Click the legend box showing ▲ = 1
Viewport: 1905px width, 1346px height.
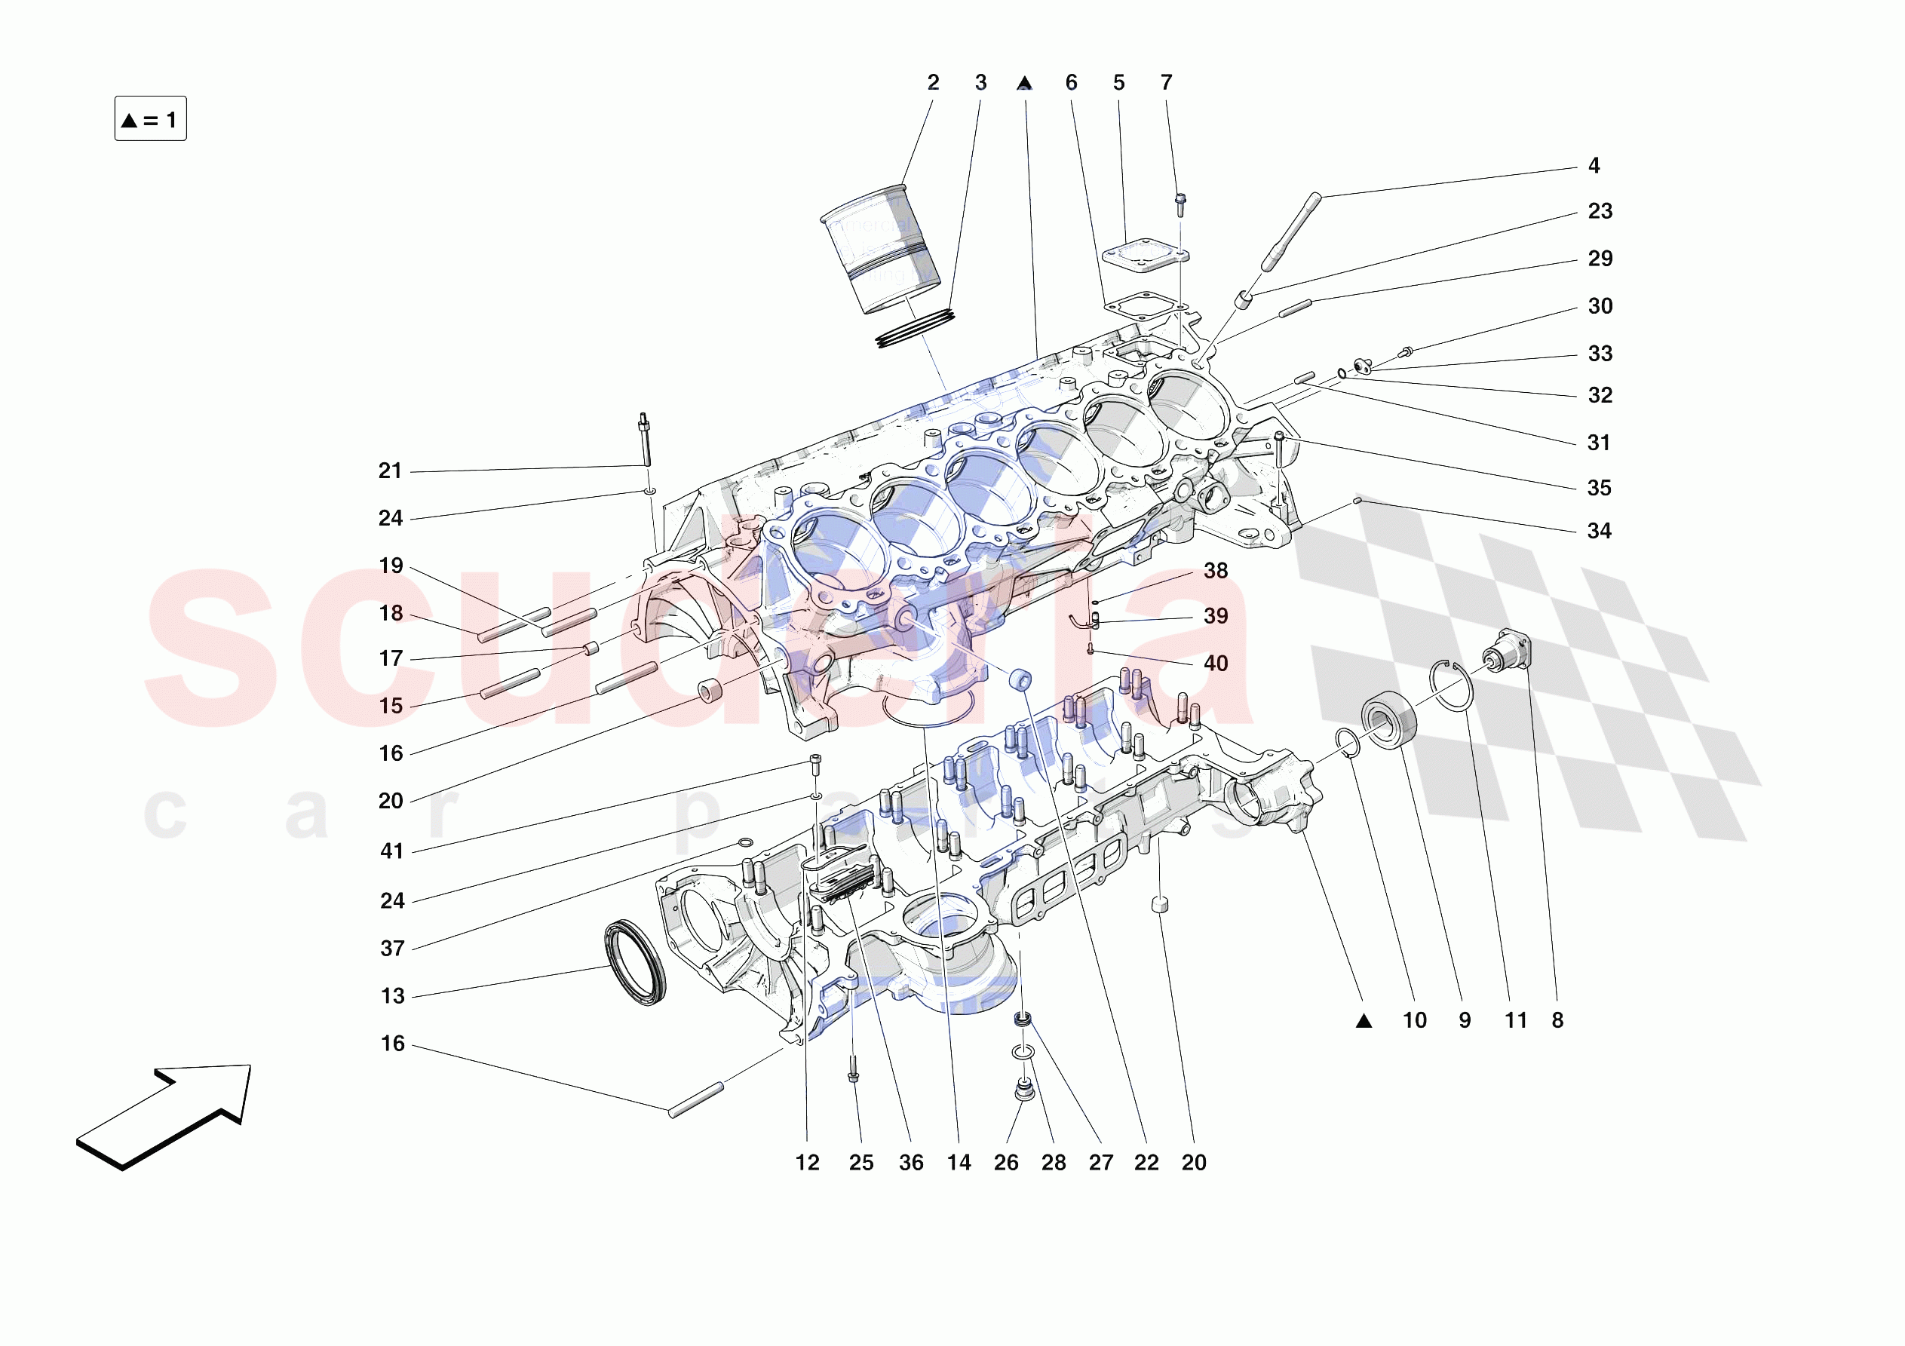150,118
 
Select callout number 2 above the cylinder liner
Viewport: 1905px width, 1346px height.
933,83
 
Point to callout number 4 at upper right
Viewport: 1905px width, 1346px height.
1593,166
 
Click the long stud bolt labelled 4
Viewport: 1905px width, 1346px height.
1291,231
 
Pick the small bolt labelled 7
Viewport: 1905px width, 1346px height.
1180,204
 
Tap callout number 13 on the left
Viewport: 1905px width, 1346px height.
392,996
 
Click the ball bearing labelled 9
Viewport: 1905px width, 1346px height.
1388,719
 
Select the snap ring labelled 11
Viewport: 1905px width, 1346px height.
1450,685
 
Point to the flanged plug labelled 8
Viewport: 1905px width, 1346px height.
1507,652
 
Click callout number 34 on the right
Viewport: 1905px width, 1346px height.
1599,531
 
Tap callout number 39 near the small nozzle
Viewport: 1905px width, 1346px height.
1216,616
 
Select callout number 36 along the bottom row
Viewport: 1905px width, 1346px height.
910,1163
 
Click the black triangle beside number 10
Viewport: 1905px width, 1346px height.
1364,1022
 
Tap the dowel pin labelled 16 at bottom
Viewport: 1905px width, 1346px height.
695,1100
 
